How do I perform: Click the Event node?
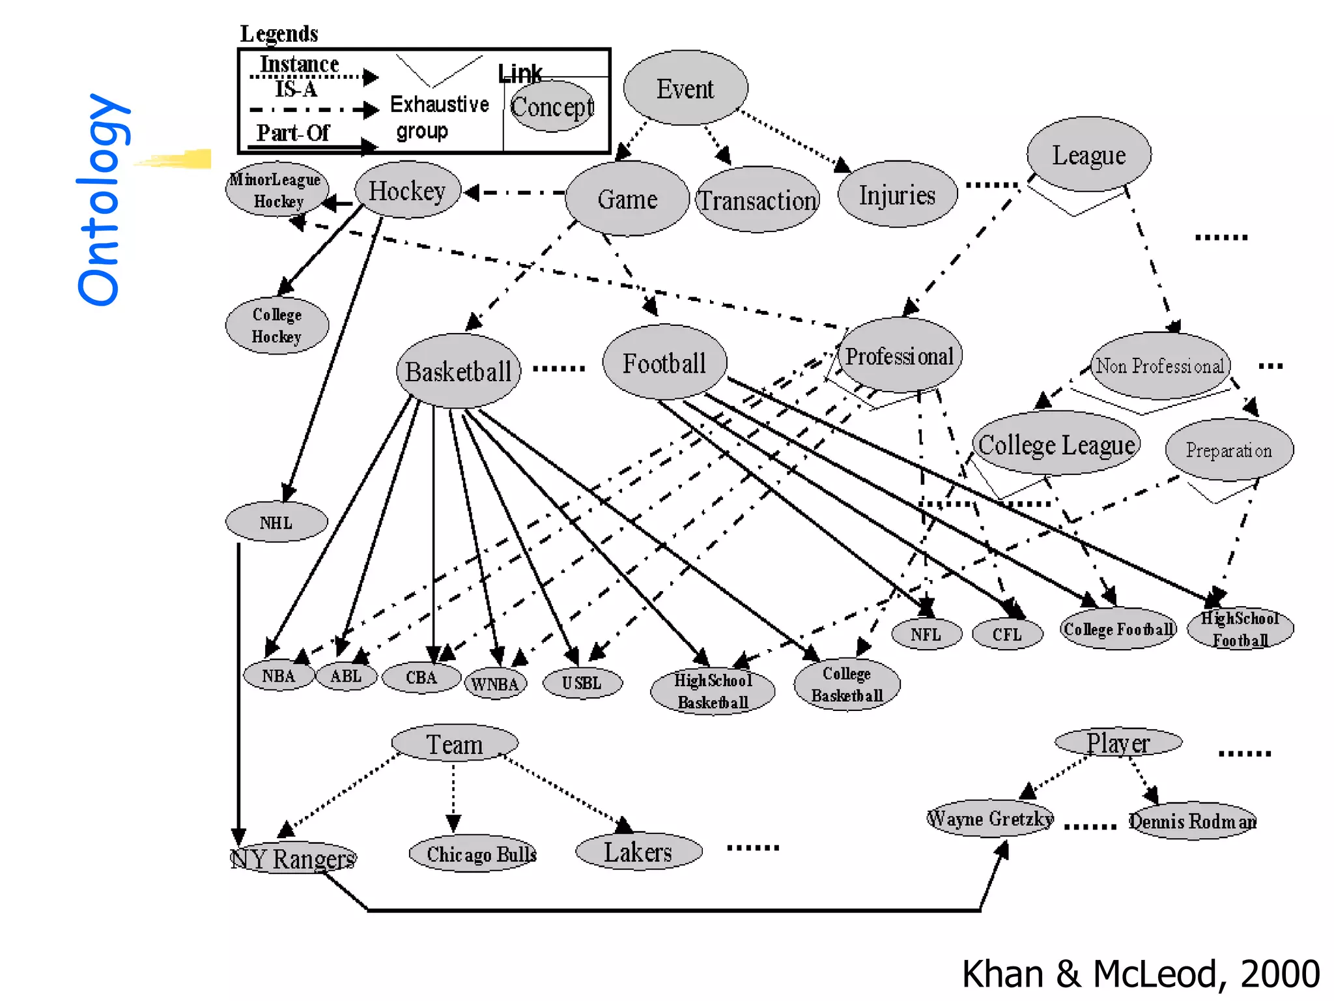(685, 88)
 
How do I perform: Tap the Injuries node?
(897, 195)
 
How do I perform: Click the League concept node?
(1088, 155)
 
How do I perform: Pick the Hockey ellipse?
(407, 190)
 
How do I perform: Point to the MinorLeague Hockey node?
(276, 189)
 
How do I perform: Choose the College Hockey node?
(277, 325)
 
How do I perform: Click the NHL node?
(276, 522)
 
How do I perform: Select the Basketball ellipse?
(458, 371)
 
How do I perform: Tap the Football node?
(664, 363)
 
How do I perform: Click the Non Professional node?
(1160, 366)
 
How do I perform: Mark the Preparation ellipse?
(1228, 450)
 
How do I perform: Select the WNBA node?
(495, 684)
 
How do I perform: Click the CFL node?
(1007, 634)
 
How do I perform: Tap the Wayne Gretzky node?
(989, 819)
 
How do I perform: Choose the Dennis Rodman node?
(1192, 820)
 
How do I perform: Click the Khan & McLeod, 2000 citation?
(1141, 974)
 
